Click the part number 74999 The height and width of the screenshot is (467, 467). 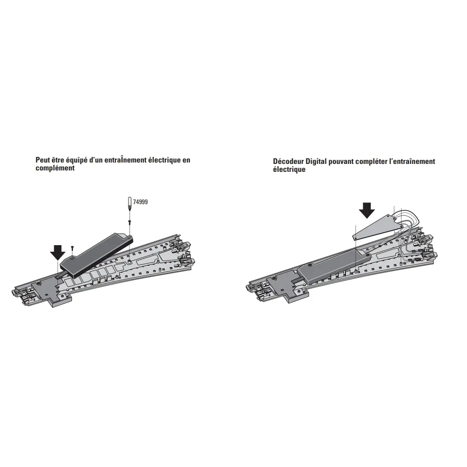140,202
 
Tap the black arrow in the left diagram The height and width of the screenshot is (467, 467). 57,252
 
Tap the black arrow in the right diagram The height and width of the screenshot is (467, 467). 367,210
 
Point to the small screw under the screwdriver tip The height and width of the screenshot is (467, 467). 130,222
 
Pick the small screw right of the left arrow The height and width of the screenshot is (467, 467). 72,248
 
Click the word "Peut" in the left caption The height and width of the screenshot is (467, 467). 42,160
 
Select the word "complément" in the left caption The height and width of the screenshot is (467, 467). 55,168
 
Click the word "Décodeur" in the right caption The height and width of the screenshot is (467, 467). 288,162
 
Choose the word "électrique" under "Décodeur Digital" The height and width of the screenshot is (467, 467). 289,170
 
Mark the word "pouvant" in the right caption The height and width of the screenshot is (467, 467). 341,162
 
